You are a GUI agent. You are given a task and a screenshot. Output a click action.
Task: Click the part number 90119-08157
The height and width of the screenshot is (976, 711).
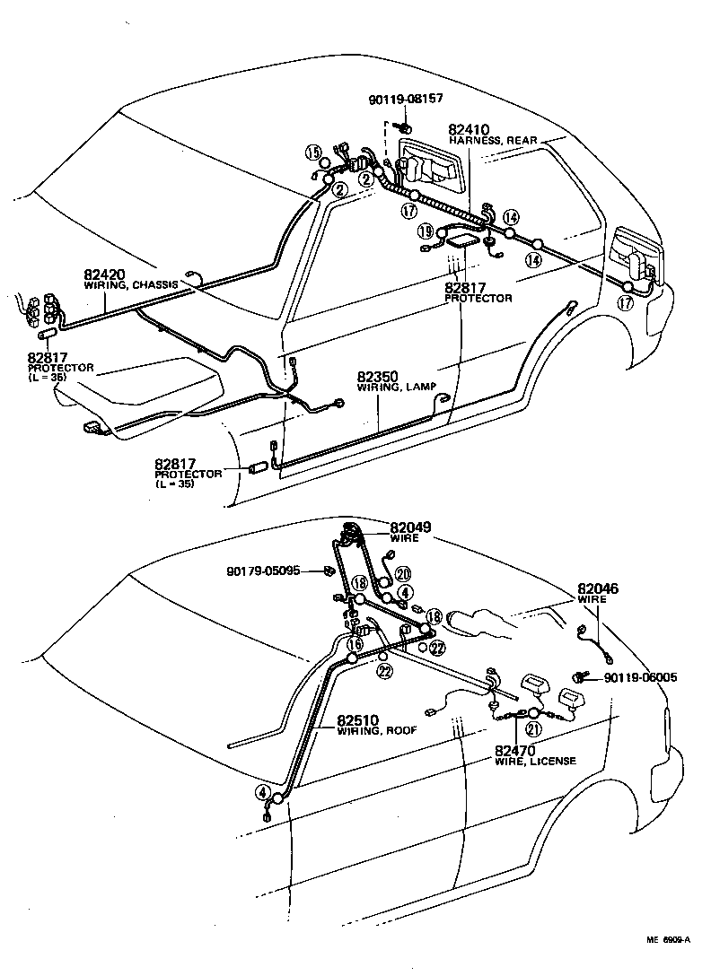(406, 99)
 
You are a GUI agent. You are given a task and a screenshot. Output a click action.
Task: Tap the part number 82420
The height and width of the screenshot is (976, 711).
(105, 274)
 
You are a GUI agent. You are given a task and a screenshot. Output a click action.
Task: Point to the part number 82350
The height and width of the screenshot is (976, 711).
(378, 377)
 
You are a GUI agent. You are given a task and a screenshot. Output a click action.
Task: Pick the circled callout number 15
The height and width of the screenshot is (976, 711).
(312, 152)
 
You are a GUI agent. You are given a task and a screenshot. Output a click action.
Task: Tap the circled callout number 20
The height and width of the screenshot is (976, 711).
(402, 574)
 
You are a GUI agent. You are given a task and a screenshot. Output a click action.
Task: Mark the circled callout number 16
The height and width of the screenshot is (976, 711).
(356, 643)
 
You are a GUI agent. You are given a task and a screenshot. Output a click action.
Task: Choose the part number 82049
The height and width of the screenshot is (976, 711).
(409, 527)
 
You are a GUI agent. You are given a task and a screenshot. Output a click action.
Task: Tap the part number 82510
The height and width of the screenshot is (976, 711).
(359, 720)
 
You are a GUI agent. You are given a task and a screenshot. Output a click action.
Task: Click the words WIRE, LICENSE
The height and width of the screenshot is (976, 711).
(535, 762)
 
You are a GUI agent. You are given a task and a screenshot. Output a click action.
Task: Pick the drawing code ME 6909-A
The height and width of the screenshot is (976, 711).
(667, 940)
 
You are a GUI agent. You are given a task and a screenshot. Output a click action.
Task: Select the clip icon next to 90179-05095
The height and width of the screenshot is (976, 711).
(329, 570)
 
